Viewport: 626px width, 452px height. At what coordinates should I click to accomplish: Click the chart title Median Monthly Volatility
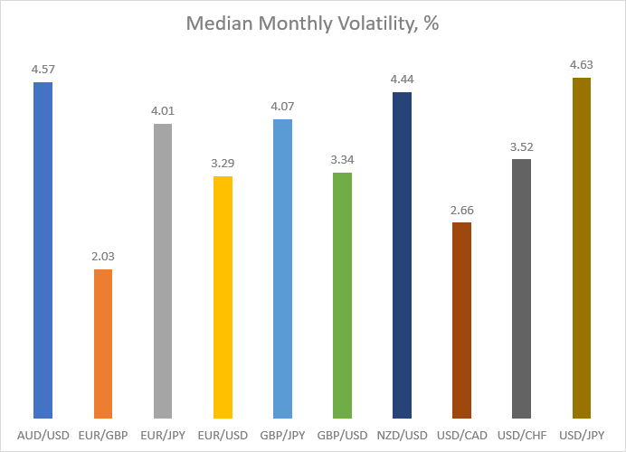click(313, 24)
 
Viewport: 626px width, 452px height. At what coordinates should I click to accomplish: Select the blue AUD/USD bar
click(43, 250)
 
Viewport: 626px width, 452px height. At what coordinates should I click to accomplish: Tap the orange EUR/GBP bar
click(103, 344)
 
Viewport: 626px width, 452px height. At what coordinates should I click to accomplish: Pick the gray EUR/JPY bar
click(163, 271)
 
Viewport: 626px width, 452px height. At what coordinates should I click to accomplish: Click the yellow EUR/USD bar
click(223, 297)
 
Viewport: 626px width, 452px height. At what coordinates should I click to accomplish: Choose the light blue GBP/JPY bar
click(282, 268)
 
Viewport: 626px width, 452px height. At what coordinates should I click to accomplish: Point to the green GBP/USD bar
click(343, 296)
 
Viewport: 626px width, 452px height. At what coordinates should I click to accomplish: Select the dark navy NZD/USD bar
click(402, 255)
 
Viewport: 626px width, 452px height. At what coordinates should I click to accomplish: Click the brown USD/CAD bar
click(462, 320)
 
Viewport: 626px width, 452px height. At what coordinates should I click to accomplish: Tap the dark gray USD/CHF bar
click(521, 289)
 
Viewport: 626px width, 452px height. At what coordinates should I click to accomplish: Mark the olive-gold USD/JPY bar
click(582, 248)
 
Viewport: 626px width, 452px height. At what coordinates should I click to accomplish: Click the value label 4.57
click(43, 70)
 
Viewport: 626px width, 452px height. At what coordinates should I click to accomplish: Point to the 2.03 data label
click(103, 256)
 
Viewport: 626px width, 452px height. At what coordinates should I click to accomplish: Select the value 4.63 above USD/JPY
click(582, 64)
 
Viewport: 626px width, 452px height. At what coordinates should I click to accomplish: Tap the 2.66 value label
click(462, 210)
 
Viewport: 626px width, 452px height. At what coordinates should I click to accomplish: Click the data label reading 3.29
click(223, 163)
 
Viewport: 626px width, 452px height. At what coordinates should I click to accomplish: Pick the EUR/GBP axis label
click(103, 435)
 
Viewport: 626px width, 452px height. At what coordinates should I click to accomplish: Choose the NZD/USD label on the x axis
click(402, 435)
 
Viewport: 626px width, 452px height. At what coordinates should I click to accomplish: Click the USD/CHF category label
click(522, 435)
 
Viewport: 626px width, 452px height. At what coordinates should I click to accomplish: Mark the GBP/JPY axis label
click(282, 435)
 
